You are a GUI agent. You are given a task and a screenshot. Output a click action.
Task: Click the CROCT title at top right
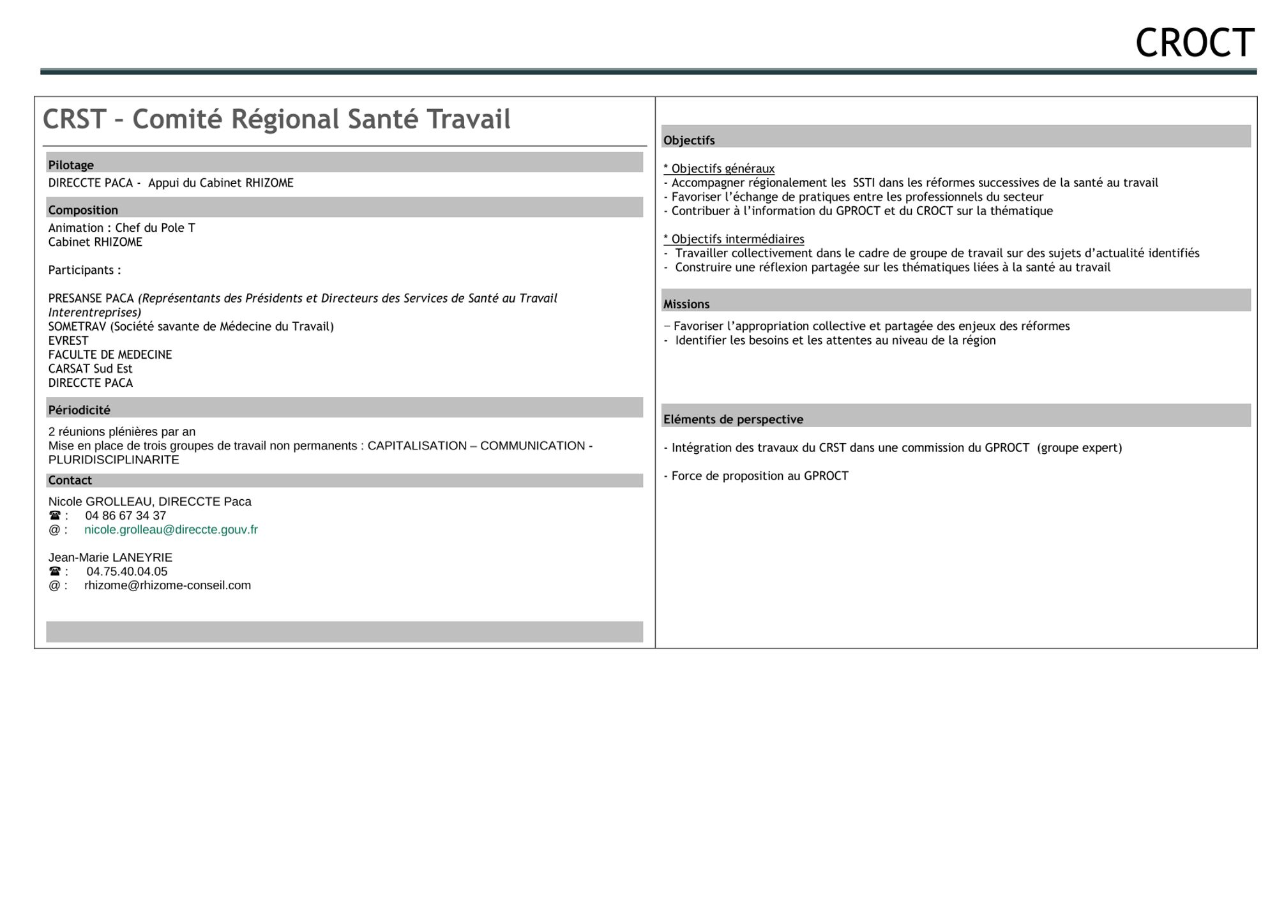tap(1194, 43)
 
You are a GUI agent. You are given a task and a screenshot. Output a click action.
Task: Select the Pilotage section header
tap(71, 165)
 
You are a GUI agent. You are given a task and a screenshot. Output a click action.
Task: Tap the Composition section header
tap(83, 210)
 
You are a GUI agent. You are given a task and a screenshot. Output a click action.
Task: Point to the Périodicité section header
tap(79, 410)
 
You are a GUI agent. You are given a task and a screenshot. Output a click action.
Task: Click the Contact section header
tap(70, 480)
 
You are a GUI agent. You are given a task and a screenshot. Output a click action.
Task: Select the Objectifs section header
tap(689, 140)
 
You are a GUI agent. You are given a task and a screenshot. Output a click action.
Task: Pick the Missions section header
tap(686, 304)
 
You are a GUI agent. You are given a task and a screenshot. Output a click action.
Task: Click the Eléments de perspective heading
tap(733, 419)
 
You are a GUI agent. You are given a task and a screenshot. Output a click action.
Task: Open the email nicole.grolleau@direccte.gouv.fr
tap(171, 530)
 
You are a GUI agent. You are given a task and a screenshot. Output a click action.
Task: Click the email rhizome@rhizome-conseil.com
tap(167, 585)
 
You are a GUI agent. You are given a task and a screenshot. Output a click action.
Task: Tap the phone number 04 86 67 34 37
tap(125, 516)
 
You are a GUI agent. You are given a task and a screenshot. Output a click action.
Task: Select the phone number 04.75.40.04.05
tap(127, 571)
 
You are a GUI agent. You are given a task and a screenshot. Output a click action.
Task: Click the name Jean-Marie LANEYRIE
tap(110, 557)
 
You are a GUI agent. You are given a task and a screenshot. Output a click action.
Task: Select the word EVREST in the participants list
tap(68, 340)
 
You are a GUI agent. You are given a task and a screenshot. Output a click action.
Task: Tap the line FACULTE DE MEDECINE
tap(110, 354)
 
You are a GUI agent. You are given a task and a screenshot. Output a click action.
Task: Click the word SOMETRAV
tap(77, 326)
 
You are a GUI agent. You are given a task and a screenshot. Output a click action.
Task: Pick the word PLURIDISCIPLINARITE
tap(114, 460)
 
